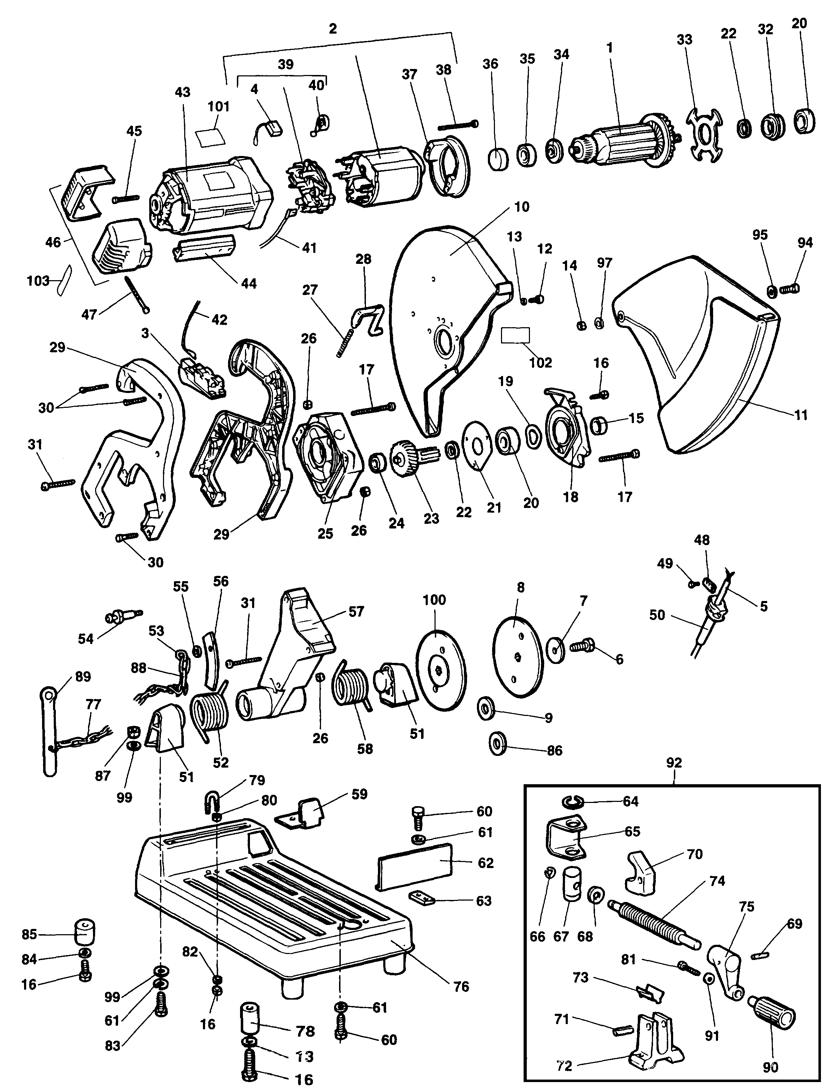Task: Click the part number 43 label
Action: tap(182, 92)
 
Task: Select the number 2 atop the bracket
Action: tap(333, 29)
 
